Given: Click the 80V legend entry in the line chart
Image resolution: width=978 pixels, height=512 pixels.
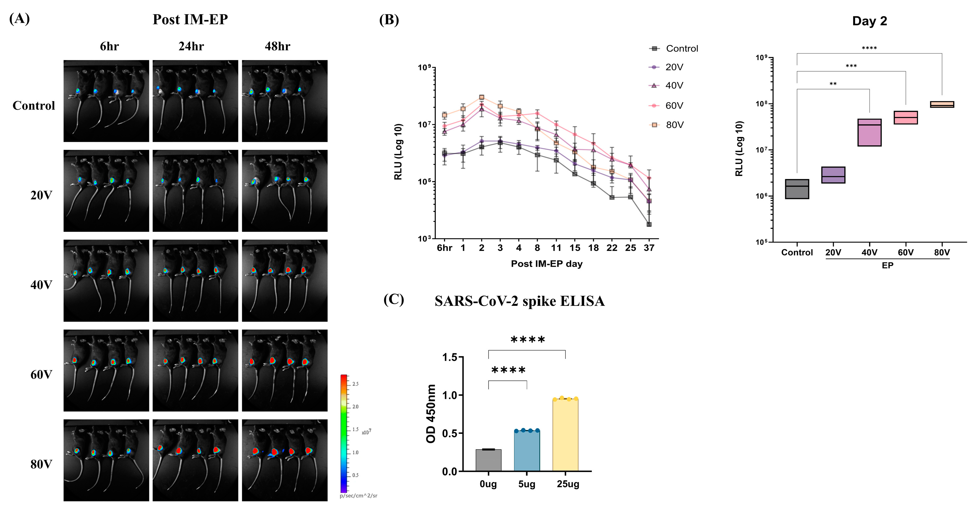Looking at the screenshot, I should (674, 125).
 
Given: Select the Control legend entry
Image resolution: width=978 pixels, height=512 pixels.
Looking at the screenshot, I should (682, 49).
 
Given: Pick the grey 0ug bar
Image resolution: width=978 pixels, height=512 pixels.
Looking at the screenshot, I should (488, 460).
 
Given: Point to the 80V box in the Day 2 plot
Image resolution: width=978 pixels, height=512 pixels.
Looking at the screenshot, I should (942, 105).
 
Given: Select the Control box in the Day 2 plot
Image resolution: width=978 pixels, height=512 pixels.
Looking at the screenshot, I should (797, 189).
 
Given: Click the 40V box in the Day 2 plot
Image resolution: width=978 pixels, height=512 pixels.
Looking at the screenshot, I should (869, 132).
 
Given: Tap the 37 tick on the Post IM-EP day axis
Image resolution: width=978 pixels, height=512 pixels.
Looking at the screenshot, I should (649, 248).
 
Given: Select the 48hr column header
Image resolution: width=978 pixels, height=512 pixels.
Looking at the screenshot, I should (277, 46).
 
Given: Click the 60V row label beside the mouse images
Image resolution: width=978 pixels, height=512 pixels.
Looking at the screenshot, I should (41, 375).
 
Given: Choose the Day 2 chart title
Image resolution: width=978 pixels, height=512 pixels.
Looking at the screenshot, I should (869, 21).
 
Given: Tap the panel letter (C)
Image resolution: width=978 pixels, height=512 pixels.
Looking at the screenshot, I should (393, 300).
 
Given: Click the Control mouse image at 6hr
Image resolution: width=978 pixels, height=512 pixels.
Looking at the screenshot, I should (106, 101).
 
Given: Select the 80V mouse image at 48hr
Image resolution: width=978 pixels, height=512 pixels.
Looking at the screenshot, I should (284, 460).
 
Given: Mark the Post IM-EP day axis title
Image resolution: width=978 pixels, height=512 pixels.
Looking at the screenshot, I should (546, 264).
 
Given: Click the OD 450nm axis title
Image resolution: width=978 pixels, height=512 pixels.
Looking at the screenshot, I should (431, 413).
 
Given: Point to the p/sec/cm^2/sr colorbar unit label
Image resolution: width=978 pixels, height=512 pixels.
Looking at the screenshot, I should (358, 496).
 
